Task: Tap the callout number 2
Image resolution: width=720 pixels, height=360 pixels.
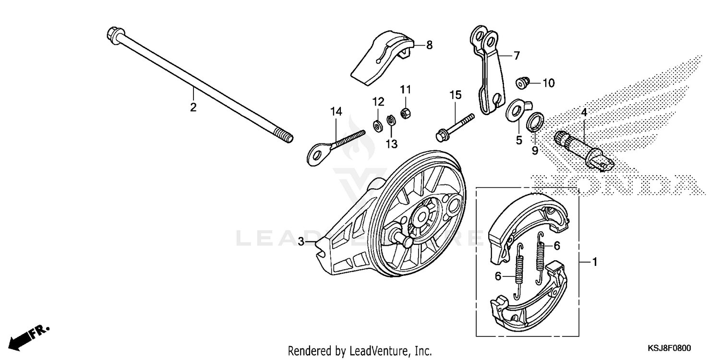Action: tap(193, 108)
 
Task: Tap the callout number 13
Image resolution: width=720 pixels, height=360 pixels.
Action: tap(392, 144)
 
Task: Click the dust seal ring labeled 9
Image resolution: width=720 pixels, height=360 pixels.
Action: tap(536, 122)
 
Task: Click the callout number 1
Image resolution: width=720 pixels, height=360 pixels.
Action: tap(594, 263)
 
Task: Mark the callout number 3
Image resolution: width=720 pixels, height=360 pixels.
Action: tap(301, 241)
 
